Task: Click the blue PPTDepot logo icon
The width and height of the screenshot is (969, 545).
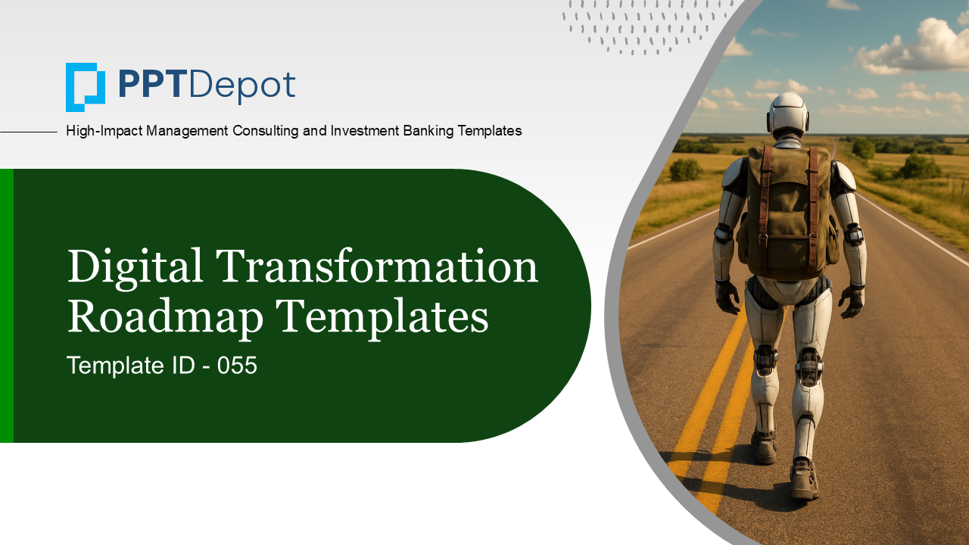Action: pyautogui.click(x=86, y=87)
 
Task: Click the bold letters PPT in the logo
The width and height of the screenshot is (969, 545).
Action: pyautogui.click(x=150, y=85)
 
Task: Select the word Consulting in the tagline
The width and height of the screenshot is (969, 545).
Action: pyautogui.click(x=265, y=131)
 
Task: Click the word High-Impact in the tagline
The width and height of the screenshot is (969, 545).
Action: pyautogui.click(x=104, y=131)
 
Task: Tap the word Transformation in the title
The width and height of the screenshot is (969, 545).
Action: pyautogui.click(x=377, y=265)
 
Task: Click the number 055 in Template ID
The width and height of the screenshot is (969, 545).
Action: pyautogui.click(x=237, y=366)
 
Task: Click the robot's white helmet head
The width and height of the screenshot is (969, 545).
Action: pyautogui.click(x=788, y=114)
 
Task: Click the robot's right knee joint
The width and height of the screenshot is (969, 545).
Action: pyautogui.click(x=809, y=367)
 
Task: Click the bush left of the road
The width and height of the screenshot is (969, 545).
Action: pyautogui.click(x=686, y=170)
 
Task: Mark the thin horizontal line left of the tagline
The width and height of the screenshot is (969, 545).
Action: pyautogui.click(x=29, y=132)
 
